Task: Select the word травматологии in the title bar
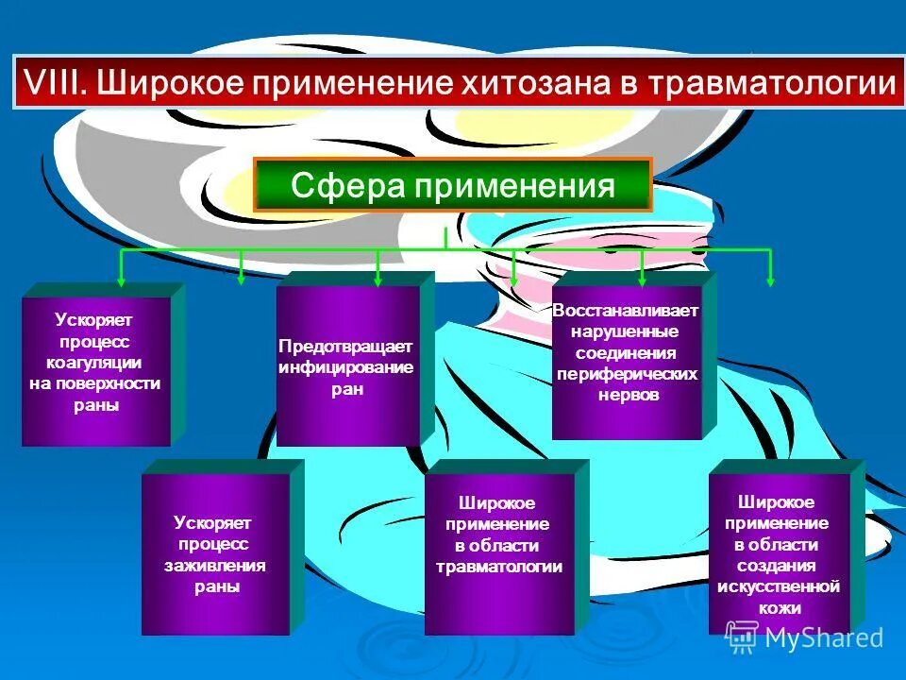click(x=773, y=84)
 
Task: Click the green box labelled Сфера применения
click(x=453, y=184)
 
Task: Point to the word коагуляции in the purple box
click(x=94, y=363)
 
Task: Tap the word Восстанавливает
click(x=627, y=311)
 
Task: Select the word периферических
click(x=627, y=374)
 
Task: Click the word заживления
click(x=215, y=566)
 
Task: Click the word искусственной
click(x=779, y=587)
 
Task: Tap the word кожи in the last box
click(x=779, y=608)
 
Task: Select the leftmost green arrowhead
click(x=121, y=280)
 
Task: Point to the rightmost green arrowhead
click(x=771, y=280)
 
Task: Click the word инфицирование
click(x=345, y=367)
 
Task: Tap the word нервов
click(x=627, y=395)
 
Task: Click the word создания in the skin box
click(x=779, y=567)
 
